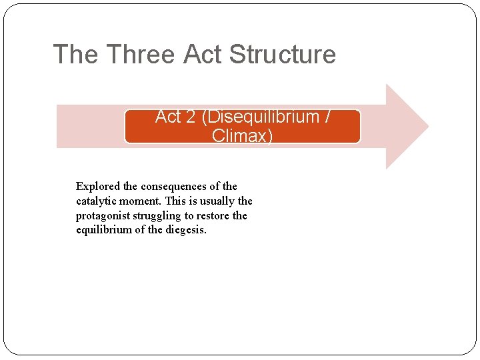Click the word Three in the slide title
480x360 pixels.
click(x=141, y=55)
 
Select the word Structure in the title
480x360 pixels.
click(x=282, y=55)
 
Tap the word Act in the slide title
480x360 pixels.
click(x=203, y=55)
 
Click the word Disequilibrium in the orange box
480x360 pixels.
click(x=263, y=117)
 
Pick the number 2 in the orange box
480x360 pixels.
click(x=190, y=117)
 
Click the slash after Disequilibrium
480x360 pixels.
click(x=327, y=117)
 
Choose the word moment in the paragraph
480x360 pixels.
click(x=145, y=201)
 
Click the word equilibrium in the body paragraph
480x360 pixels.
click(x=105, y=231)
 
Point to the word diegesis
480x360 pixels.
click(x=185, y=231)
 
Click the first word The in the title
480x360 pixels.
click(x=75, y=55)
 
